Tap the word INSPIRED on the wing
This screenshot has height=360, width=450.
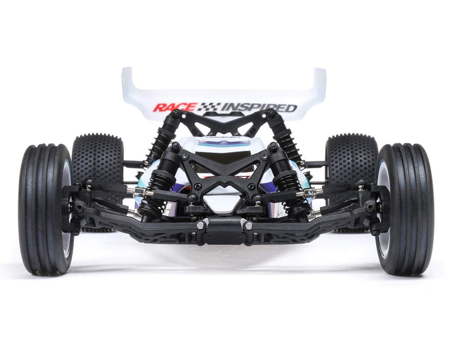click(x=259, y=107)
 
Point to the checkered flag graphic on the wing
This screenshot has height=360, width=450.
click(x=208, y=107)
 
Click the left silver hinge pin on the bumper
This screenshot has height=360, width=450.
click(x=200, y=225)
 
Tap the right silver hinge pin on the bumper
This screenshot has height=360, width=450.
click(x=249, y=226)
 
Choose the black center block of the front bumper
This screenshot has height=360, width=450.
click(x=224, y=229)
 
